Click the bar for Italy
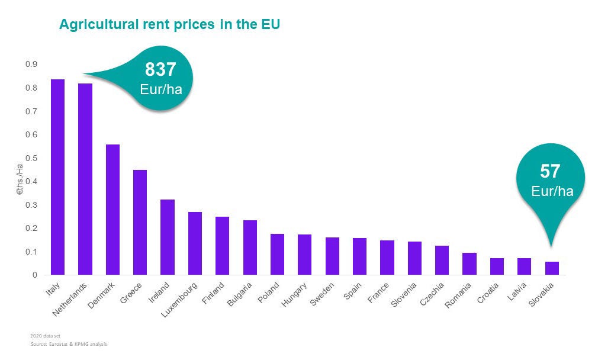pos(57,177)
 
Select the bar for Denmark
pos(112,210)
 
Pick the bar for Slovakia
pos(552,268)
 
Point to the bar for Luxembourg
pos(195,243)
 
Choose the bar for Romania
pos(469,264)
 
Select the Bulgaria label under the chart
pos(240,293)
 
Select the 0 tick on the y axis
pos(34,275)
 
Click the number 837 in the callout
pos(160,69)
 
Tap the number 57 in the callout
pos(550,172)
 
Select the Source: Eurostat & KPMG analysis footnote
pos(69,344)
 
